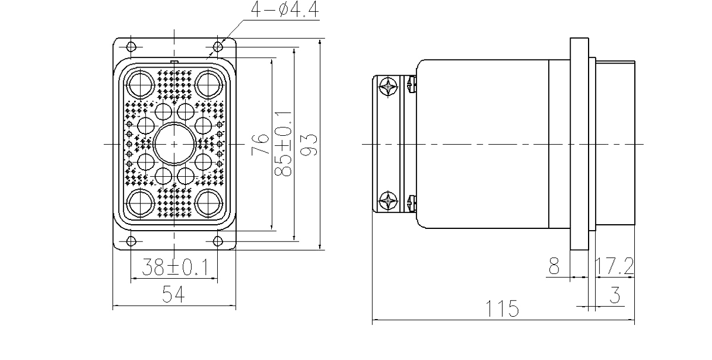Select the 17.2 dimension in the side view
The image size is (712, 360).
point(617,268)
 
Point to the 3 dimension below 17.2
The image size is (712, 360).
point(615,295)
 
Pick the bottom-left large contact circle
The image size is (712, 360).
point(140,203)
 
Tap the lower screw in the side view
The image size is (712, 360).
point(389,200)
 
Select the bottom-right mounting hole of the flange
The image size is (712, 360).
point(218,241)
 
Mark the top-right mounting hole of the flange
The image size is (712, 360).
point(218,44)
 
